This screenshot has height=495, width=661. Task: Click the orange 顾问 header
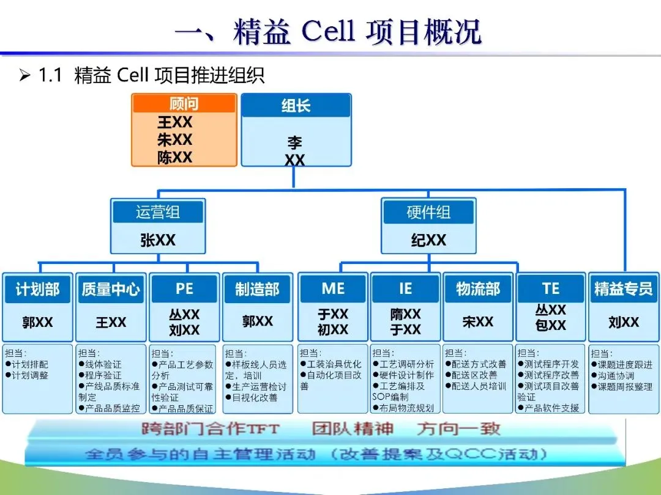coord(184,104)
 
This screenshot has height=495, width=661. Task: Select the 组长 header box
coord(296,106)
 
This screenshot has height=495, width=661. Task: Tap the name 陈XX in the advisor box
coord(174,157)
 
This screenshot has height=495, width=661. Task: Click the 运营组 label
coord(158,213)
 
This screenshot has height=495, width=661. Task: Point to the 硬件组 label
coord(428,213)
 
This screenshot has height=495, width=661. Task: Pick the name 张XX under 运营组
coord(158,240)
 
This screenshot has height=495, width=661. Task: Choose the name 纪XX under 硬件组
coord(428,240)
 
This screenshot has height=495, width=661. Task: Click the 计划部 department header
coord(37,289)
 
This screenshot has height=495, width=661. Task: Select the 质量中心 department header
coord(111,289)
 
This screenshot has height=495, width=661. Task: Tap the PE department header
coord(184,289)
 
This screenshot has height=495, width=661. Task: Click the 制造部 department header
coord(257,289)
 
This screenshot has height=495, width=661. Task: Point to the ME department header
coord(333,289)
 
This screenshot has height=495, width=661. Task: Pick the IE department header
coord(405,289)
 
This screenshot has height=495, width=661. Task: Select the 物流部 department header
coord(477,289)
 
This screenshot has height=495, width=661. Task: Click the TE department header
coord(550,289)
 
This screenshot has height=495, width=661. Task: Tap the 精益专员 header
coord(624,289)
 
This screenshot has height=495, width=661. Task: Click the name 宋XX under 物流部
coord(477,321)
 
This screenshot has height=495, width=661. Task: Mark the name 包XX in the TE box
coord(550,326)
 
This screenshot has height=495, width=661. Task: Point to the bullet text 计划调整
coord(29,376)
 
